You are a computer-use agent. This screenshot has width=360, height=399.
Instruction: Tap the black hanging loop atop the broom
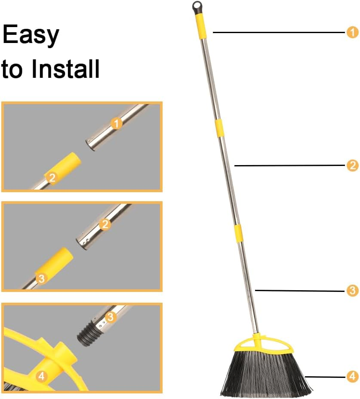[x=197, y=7]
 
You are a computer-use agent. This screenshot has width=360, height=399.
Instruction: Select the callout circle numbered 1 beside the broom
[x=352, y=32]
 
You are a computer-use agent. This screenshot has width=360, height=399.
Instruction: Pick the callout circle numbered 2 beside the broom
[x=352, y=166]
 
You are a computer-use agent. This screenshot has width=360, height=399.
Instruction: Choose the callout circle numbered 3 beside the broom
[x=352, y=291]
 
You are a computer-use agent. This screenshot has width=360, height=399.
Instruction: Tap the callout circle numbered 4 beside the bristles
[x=352, y=377]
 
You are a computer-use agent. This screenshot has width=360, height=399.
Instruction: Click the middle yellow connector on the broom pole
[x=220, y=128]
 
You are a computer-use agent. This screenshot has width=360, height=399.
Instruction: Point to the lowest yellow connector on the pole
[x=238, y=233]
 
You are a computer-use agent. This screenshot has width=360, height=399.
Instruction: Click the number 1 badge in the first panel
[x=117, y=123]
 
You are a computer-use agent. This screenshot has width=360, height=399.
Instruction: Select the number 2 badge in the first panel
[x=52, y=177]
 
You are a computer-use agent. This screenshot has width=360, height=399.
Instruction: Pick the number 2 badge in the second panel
[x=105, y=224]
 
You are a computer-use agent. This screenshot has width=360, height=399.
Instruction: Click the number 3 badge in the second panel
[x=41, y=278]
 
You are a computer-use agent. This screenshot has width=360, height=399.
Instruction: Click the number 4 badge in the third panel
[x=41, y=377]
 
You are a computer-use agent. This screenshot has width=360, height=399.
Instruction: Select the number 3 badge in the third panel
[x=111, y=317]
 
